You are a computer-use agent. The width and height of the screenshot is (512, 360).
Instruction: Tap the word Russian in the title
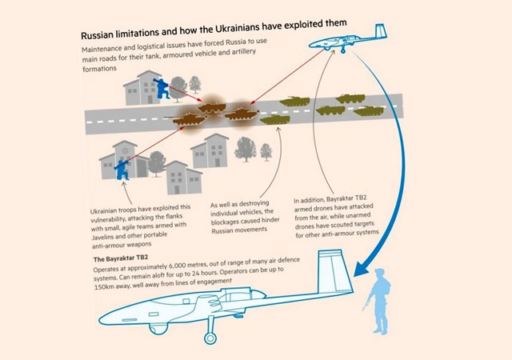[102, 36]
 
